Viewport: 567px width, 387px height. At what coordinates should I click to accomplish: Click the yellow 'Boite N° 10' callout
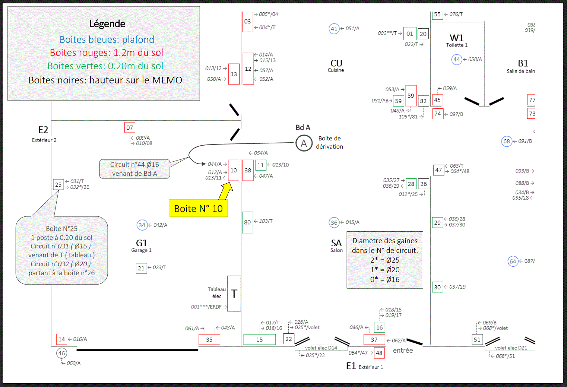[198, 208]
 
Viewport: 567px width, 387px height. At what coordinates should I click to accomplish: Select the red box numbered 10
[233, 170]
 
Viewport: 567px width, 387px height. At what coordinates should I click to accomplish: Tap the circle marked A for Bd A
[304, 143]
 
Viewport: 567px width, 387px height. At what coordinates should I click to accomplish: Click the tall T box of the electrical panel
[234, 294]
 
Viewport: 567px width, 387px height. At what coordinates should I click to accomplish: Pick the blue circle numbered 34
[142, 225]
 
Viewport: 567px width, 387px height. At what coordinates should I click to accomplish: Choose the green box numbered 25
[58, 184]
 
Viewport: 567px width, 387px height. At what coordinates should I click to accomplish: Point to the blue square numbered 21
[141, 268]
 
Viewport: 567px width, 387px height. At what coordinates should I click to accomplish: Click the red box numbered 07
[130, 127]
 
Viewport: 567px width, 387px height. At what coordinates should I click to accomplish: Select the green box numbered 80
[248, 222]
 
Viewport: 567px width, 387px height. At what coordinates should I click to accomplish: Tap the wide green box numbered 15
[259, 339]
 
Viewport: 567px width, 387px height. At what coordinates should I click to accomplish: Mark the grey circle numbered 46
[61, 353]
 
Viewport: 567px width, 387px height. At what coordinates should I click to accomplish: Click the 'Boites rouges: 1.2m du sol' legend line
[107, 53]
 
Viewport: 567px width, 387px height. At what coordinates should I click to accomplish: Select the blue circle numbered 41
[334, 29]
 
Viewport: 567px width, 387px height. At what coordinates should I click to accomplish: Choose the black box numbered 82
[424, 101]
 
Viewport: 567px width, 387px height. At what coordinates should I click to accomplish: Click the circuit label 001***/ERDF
[206, 307]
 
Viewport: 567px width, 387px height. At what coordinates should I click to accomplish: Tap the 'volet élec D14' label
[321, 348]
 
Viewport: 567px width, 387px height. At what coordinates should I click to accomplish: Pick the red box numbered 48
[379, 353]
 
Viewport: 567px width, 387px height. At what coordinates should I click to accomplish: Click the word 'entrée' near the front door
[403, 350]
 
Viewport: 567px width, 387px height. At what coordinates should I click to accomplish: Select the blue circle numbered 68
[507, 141]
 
